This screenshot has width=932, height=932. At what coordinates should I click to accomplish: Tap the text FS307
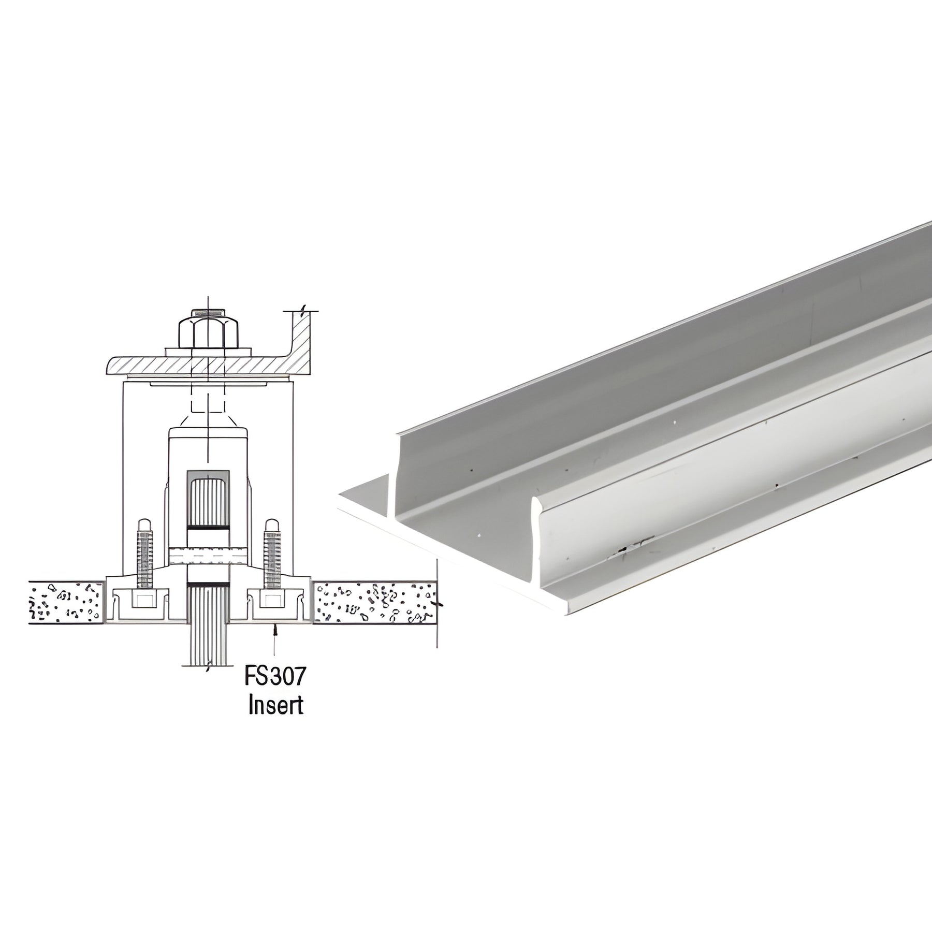(x=275, y=676)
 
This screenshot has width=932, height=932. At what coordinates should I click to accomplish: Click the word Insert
(x=275, y=706)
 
